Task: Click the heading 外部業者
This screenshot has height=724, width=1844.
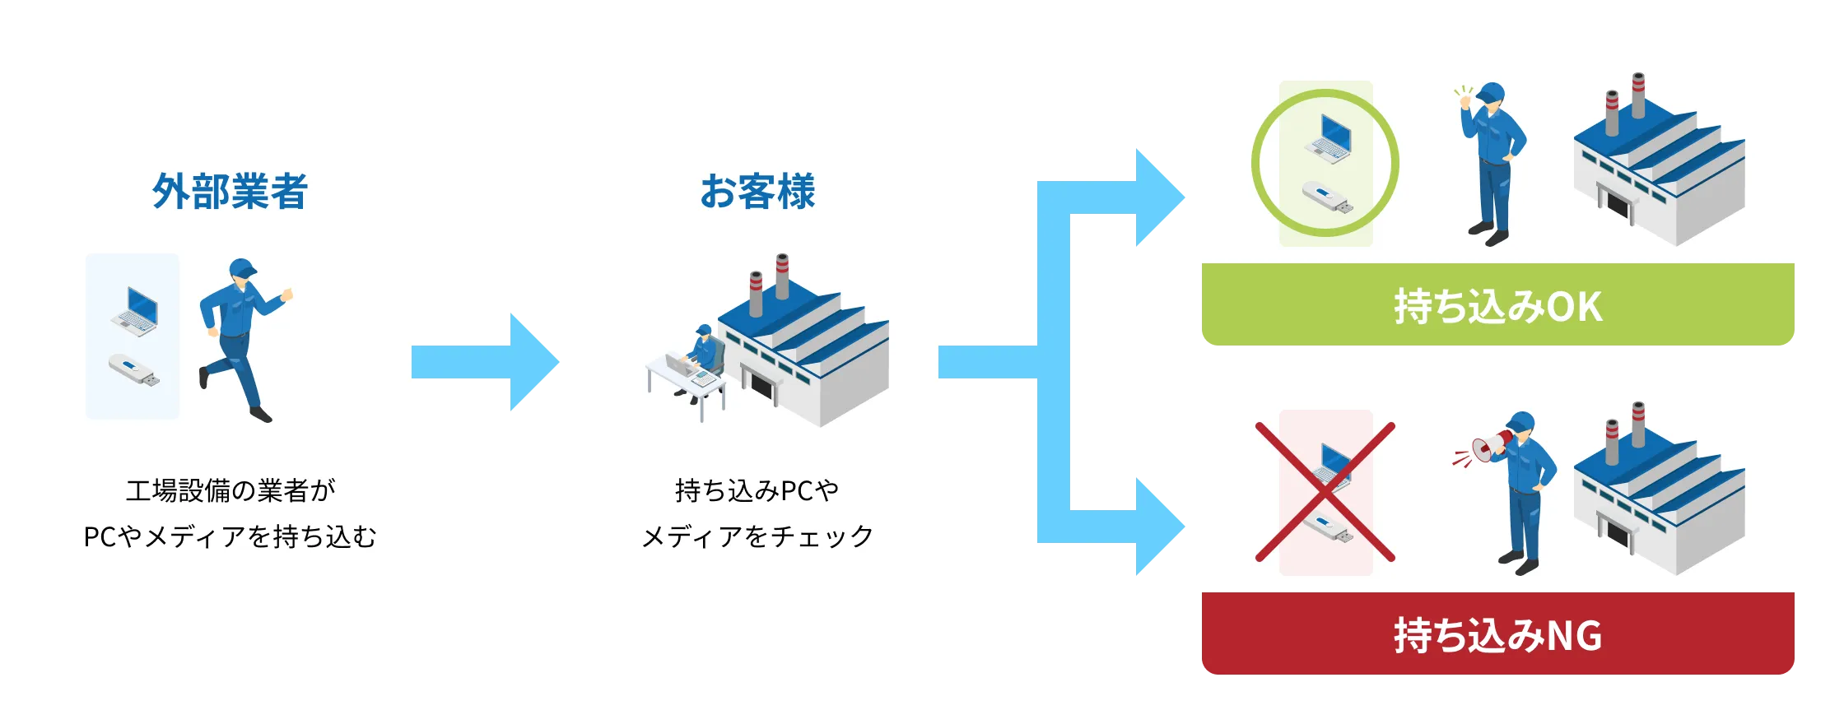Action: [230, 192]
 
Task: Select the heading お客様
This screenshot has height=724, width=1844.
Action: [757, 192]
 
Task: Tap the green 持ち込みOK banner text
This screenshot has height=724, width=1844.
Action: [1497, 307]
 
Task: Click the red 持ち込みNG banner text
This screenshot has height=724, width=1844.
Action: [1497, 636]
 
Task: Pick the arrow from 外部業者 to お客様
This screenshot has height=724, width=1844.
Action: [486, 362]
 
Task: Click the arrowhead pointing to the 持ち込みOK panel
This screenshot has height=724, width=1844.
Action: [1157, 197]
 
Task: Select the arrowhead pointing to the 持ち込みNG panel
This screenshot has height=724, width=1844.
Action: [1157, 527]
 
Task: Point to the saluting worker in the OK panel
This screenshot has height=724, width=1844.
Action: [1490, 165]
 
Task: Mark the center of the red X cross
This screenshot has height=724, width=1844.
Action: [1325, 492]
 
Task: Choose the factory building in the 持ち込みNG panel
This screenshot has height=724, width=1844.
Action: [1659, 494]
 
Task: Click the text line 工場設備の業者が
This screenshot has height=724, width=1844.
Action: [230, 491]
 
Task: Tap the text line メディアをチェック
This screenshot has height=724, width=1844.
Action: [757, 536]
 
